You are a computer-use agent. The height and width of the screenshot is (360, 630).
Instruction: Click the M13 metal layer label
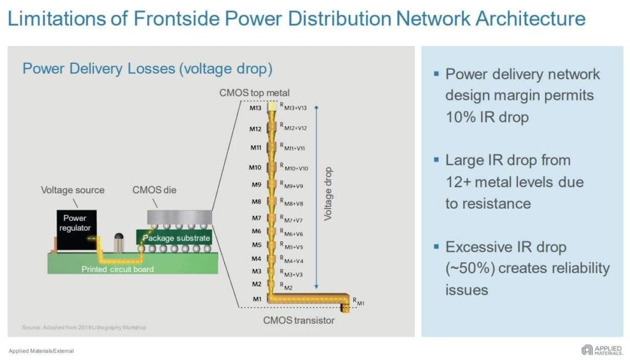point(255,108)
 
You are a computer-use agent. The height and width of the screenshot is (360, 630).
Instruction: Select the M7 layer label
point(257,218)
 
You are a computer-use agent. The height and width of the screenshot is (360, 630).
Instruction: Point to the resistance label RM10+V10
point(295,166)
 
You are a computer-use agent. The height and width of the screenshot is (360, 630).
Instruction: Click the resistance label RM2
point(289,285)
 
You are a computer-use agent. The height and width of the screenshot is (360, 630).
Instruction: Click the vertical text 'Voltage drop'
point(329,194)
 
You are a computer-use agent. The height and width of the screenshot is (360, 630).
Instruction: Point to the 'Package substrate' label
point(177,238)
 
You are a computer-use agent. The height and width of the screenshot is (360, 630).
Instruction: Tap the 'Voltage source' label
point(73,190)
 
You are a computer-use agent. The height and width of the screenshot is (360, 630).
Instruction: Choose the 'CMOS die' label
point(154,190)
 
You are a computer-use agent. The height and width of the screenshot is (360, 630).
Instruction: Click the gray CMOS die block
point(178,216)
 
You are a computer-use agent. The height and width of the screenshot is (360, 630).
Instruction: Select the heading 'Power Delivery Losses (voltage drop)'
point(147,68)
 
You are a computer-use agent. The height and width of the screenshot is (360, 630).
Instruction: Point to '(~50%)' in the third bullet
point(469,268)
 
